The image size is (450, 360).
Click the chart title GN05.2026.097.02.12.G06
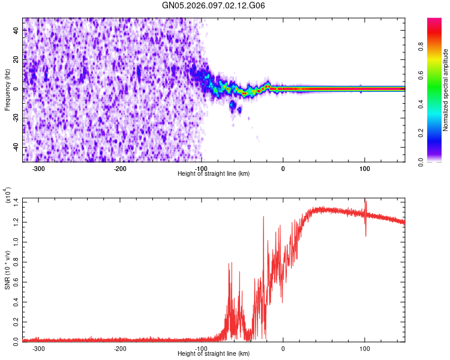pyautogui.click(x=223, y=5)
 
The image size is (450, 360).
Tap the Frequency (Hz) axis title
pyautogui.click(x=7, y=89)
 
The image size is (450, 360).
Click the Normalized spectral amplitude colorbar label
pyautogui.click(x=446, y=90)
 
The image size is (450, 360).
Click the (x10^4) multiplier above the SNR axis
pyautogui.click(x=7, y=195)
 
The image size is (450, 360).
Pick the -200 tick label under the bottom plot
pyautogui.click(x=120, y=349)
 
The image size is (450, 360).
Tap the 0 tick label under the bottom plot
pyautogui.click(x=283, y=349)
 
